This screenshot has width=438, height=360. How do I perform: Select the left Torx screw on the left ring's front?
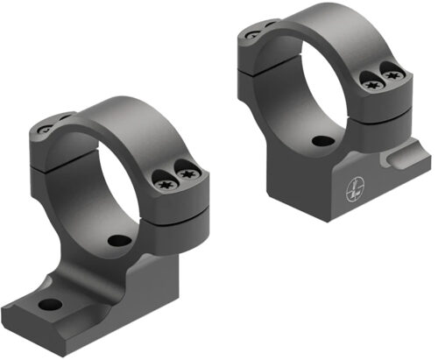pyautogui.click(x=165, y=183)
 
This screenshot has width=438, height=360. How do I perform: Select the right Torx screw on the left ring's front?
pyautogui.click(x=186, y=176)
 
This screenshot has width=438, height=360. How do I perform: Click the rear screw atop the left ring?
pyautogui.click(x=47, y=130)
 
